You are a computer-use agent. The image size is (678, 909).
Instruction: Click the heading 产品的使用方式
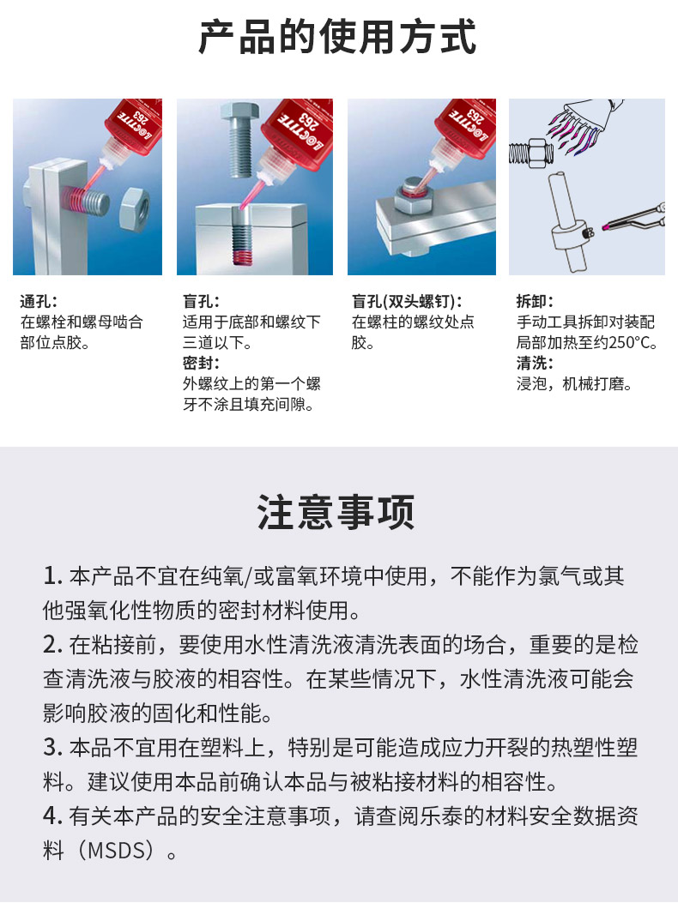pyautogui.click(x=337, y=37)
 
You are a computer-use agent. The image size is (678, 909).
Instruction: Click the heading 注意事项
pyautogui.click(x=336, y=513)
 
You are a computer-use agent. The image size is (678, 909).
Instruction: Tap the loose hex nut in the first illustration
pyautogui.click(x=135, y=208)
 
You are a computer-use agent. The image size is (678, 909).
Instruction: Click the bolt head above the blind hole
pyautogui.click(x=239, y=112)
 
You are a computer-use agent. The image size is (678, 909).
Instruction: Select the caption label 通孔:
pyautogui.click(x=39, y=302)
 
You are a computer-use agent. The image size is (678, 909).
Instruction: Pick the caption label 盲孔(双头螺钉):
pyautogui.click(x=407, y=302)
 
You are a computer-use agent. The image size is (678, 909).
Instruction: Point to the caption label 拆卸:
pyautogui.click(x=535, y=302)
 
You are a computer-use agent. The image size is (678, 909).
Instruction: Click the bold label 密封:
pyautogui.click(x=201, y=363)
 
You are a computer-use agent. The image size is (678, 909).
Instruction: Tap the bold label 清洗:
pyautogui.click(x=535, y=363)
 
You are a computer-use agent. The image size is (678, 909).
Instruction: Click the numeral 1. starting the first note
pyautogui.click(x=52, y=576)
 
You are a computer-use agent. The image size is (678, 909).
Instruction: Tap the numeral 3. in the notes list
pyautogui.click(x=52, y=748)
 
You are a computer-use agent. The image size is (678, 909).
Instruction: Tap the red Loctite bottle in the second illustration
pyautogui.click(x=296, y=135)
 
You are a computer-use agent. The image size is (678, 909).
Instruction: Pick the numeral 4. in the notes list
pyautogui.click(x=52, y=816)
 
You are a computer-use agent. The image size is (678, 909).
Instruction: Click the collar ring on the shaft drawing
pyautogui.click(x=572, y=236)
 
